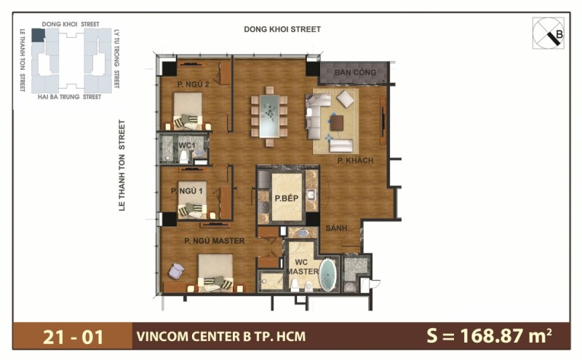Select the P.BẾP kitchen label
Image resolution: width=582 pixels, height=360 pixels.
[x=283, y=197]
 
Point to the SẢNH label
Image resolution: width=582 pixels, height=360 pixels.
[x=336, y=228]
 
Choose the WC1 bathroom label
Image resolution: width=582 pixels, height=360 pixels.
[x=186, y=145]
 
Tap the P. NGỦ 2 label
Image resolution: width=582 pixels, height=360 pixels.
[x=193, y=84]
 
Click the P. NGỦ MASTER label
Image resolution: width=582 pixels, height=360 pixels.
[x=214, y=241]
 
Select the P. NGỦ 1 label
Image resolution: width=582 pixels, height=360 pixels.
[x=187, y=191]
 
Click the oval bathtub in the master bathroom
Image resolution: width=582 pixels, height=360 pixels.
[x=329, y=274]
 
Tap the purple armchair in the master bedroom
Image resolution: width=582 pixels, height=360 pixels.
[x=177, y=271]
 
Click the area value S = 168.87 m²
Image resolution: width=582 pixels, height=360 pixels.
[x=488, y=336]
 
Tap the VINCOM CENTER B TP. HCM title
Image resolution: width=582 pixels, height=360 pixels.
[x=220, y=336]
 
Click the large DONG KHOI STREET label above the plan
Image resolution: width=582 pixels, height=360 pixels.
[x=283, y=29]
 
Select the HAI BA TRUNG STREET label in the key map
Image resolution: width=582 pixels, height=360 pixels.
[x=69, y=96]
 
